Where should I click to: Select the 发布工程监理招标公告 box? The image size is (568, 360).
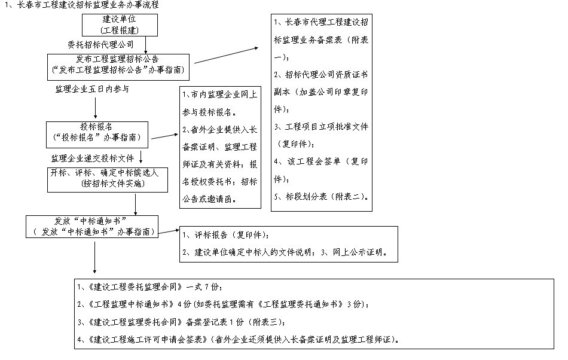120,65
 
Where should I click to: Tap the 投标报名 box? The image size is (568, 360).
98,133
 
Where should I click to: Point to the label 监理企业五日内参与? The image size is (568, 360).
92,89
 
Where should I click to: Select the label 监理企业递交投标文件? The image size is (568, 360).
92,158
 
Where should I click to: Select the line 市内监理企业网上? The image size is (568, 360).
219,94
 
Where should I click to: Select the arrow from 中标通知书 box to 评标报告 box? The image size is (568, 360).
170,231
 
